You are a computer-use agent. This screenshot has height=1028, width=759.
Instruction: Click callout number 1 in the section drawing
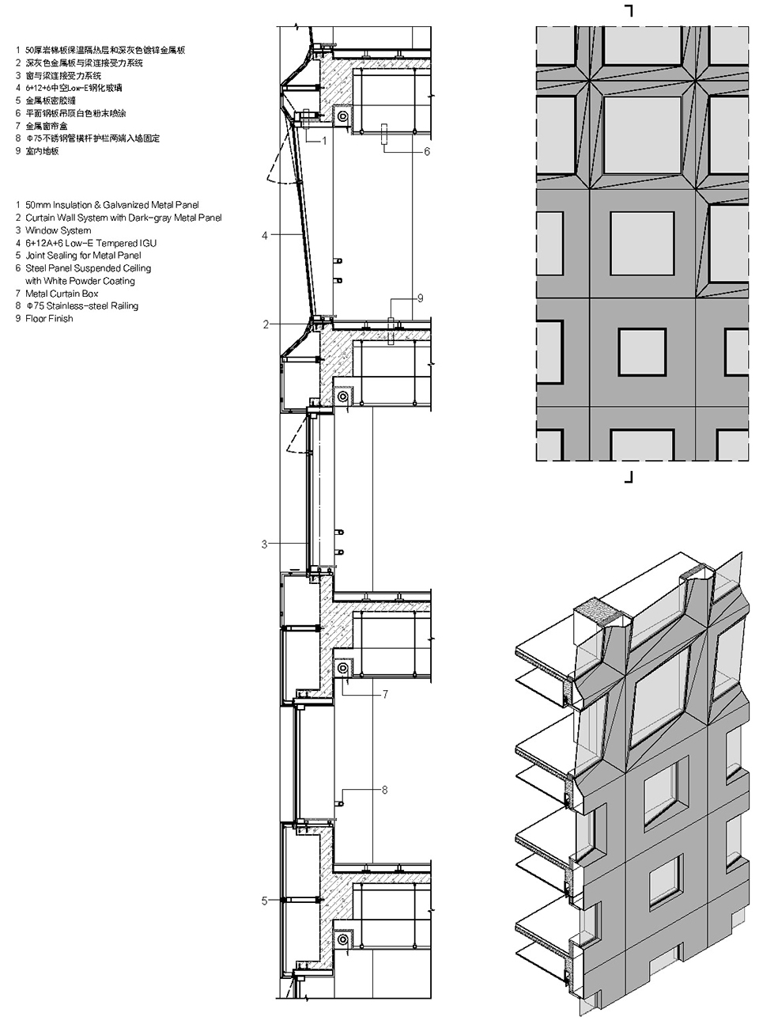tap(324, 140)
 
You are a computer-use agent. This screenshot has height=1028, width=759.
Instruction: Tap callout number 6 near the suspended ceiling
tap(427, 152)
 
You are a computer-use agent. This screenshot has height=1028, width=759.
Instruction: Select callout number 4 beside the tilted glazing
tap(264, 236)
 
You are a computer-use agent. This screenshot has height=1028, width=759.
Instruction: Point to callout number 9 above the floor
tap(420, 298)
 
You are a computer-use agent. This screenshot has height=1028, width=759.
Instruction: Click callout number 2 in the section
tap(266, 324)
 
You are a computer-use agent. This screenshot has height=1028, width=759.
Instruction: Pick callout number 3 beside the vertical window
tap(264, 544)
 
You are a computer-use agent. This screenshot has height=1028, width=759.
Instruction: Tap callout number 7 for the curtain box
tap(385, 694)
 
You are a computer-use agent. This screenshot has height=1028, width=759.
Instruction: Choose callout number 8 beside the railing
tap(384, 791)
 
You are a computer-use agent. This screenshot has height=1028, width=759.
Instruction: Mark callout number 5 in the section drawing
tap(264, 901)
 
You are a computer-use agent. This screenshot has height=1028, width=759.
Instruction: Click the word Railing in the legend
tap(125, 306)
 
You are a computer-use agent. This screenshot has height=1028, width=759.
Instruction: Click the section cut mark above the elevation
tap(629, 10)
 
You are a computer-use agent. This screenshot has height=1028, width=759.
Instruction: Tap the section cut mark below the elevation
tap(629, 477)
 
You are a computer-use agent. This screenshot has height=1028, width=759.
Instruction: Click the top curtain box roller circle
tap(342, 117)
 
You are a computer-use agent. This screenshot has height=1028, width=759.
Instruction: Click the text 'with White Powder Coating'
tap(80, 281)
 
